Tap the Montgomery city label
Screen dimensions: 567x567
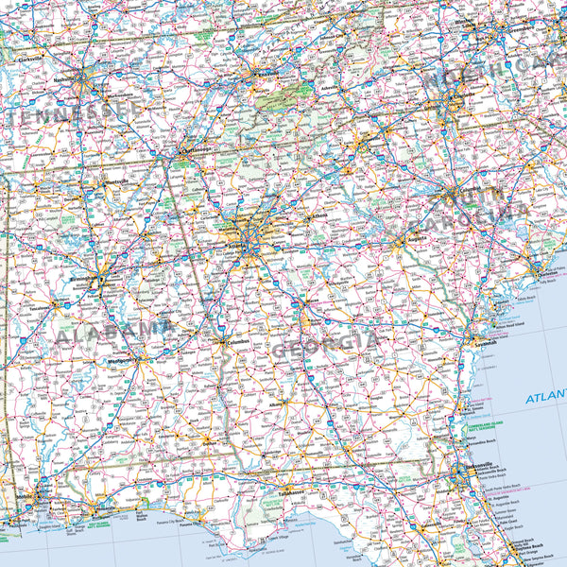pyautogui.click(x=119, y=360)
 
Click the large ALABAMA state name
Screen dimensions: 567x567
pyautogui.click(x=112, y=332)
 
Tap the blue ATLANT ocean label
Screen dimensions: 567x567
pyautogui.click(x=546, y=398)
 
